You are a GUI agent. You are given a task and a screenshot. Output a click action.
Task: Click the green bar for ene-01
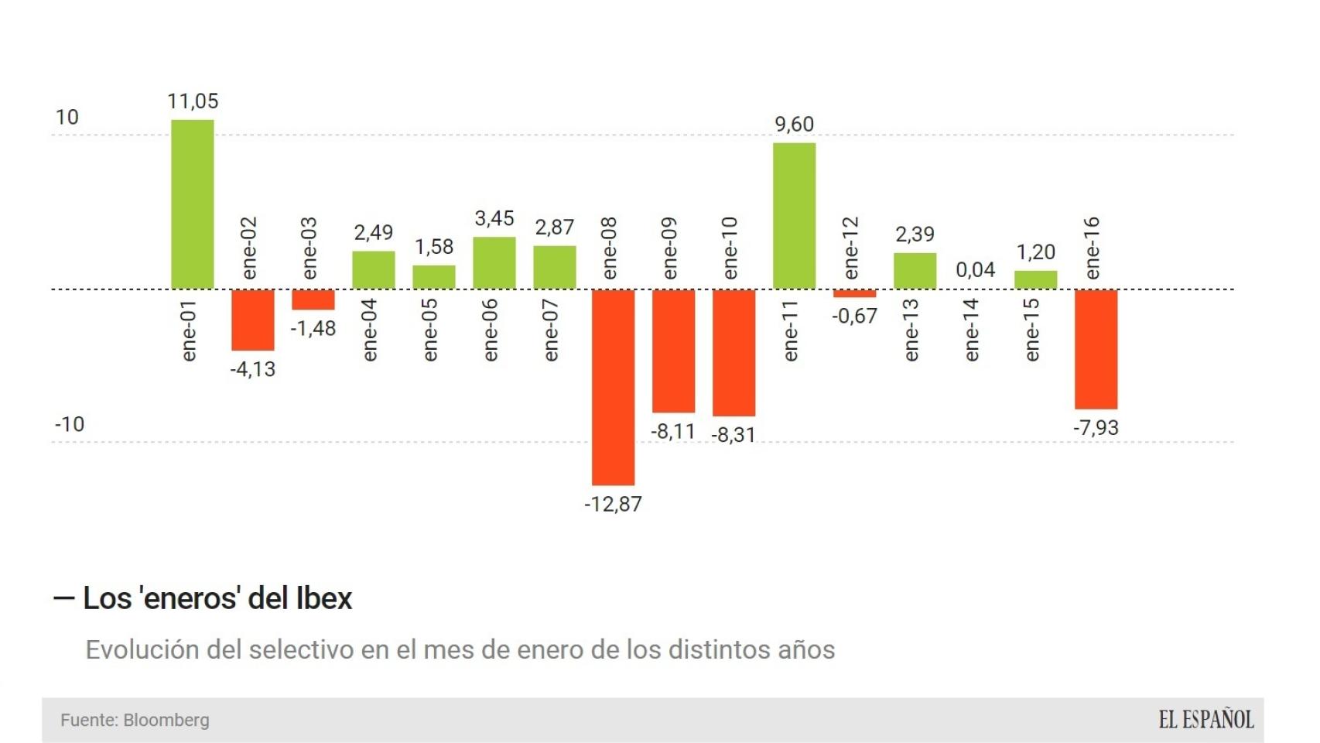[x=192, y=204]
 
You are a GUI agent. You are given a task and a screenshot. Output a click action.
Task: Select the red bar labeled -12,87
[x=613, y=387]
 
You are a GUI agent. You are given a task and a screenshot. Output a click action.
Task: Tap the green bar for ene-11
[x=794, y=216]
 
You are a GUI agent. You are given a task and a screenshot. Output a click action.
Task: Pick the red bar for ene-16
[x=1096, y=349]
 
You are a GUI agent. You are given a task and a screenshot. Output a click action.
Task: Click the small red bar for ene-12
[x=854, y=294]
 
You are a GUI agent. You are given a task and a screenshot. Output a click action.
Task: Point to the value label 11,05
[x=193, y=101]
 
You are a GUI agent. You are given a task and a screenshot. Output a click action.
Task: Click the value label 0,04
[x=975, y=270]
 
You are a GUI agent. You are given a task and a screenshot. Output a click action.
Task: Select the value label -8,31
[x=733, y=435]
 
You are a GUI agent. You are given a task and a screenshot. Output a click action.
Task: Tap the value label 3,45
[x=494, y=219]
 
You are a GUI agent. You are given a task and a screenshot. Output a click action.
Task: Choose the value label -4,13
[x=252, y=369]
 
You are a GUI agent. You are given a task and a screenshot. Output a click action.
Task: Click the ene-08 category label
[x=610, y=248]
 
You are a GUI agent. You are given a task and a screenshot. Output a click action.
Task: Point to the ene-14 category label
[x=972, y=330]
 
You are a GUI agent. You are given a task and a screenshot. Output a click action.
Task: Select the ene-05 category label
[x=430, y=330]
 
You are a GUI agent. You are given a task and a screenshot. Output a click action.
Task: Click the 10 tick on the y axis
[x=67, y=118]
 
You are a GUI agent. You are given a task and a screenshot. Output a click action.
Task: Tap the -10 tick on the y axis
[x=70, y=425]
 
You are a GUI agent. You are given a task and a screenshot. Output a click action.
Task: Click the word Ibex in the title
[x=324, y=599]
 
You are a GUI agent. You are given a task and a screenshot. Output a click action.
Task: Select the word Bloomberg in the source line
[x=166, y=721]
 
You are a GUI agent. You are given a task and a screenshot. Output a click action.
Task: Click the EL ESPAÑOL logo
[x=1205, y=720]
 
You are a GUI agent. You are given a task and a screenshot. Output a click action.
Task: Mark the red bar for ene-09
[x=673, y=351]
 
